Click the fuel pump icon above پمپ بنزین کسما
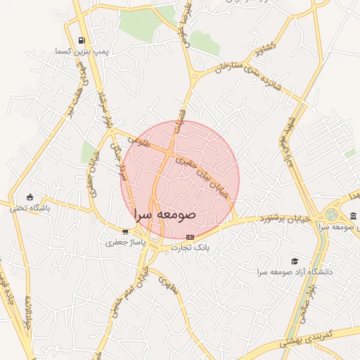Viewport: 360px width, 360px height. [x=82, y=40]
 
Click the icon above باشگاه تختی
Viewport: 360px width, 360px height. [x=29, y=196]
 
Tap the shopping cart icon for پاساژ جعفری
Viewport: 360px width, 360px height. [x=124, y=231]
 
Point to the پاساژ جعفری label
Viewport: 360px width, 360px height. [x=124, y=243]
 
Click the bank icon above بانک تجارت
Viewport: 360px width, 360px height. [x=190, y=237]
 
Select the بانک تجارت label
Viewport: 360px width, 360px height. [x=191, y=248]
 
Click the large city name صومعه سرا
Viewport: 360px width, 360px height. [x=164, y=214]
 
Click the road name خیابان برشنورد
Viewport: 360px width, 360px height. [x=287, y=219]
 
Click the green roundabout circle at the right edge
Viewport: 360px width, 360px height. [x=331, y=214]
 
